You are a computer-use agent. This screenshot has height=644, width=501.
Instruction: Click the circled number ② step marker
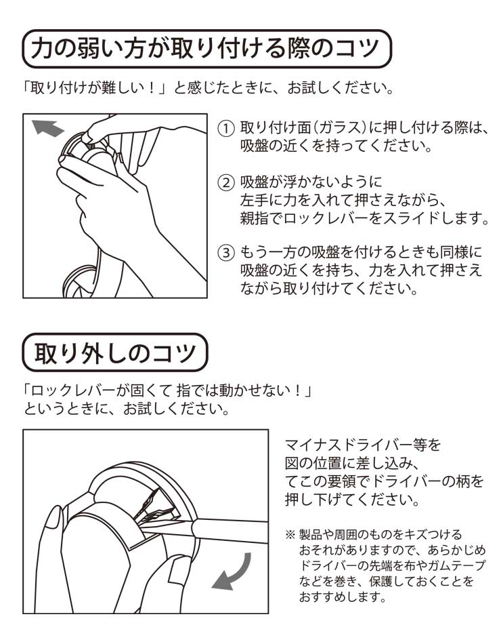click(x=225, y=182)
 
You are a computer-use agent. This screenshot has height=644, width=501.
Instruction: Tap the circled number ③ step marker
click(x=225, y=252)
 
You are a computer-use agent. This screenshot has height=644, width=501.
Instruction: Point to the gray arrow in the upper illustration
click(x=47, y=127)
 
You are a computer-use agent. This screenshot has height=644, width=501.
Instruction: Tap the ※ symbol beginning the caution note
click(x=290, y=535)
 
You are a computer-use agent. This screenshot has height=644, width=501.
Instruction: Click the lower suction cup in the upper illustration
click(x=81, y=281)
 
